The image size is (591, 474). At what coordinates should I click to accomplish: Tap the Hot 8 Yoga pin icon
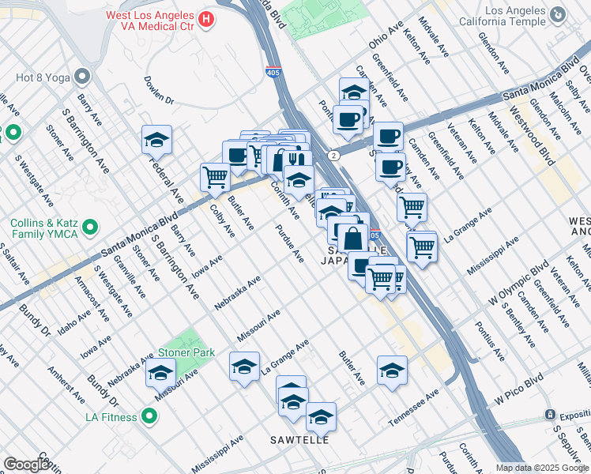coord(82,77)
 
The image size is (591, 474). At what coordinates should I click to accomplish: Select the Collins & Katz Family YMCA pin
coord(91,228)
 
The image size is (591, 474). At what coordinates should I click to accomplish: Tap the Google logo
coord(27,465)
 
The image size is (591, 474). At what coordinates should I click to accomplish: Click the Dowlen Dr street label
coord(159,90)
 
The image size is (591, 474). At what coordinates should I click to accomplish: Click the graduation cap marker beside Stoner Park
coord(160,372)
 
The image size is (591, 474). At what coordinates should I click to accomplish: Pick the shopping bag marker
coord(354,235)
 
